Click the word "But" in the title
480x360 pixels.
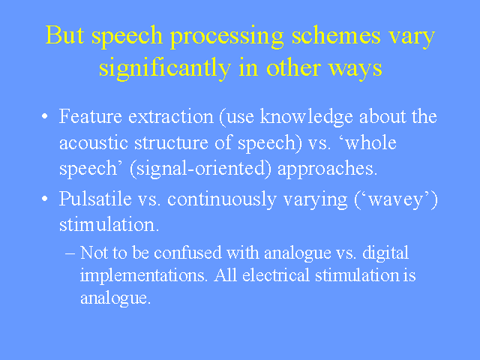pyautogui.click(x=64, y=34)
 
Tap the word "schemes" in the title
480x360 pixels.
pyautogui.click(x=336, y=34)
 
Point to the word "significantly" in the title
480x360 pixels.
pyautogui.click(x=165, y=68)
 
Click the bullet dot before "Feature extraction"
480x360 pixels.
pyautogui.click(x=45, y=116)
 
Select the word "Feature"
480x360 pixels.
pyautogui.click(x=91, y=116)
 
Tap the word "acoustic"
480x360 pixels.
pyautogui.click(x=94, y=142)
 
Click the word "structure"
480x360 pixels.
pyautogui.click(x=172, y=143)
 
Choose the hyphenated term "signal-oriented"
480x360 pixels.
pyautogui.click(x=200, y=169)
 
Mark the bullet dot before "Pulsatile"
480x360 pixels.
pyautogui.click(x=45, y=199)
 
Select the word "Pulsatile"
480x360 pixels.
pyautogui.click(x=95, y=199)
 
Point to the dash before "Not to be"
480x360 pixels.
pyautogui.click(x=70, y=253)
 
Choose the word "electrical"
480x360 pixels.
pyautogui.click(x=276, y=275)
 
